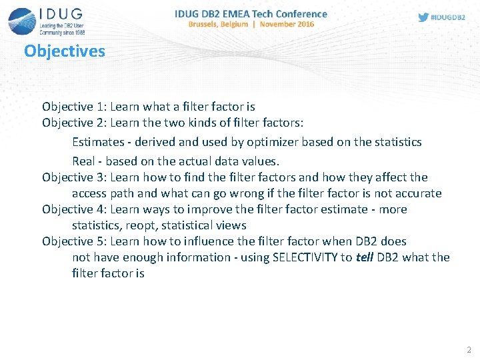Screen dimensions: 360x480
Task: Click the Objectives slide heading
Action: (65, 51)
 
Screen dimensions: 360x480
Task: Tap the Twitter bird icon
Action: (423, 17)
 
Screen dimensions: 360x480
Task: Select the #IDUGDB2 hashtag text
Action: (449, 17)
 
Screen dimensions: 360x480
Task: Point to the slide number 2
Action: (469, 349)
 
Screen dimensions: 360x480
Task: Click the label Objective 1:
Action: (74, 107)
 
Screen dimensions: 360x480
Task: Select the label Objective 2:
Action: (74, 123)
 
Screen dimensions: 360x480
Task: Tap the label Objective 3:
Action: (74, 177)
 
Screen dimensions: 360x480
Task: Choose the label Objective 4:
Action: (74, 209)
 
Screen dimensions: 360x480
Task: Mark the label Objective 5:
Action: (74, 241)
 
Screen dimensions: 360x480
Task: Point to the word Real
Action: (83, 161)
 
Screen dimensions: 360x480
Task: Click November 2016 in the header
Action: (287, 24)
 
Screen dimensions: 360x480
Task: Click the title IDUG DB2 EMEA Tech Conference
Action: (251, 13)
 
